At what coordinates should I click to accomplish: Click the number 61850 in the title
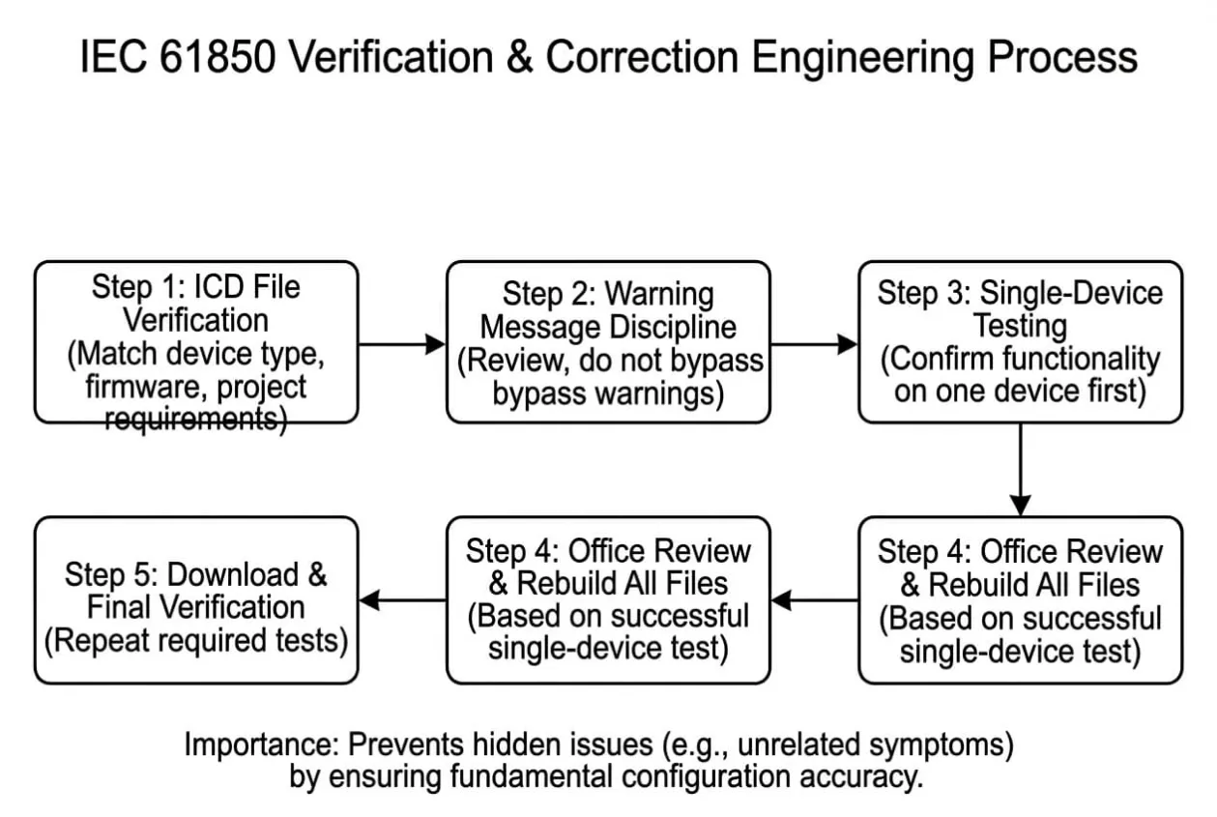point(217,56)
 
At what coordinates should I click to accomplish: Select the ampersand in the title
point(519,56)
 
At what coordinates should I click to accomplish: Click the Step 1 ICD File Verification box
point(196,342)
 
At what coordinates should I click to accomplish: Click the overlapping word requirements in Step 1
point(191,419)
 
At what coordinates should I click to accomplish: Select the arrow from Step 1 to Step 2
point(401,343)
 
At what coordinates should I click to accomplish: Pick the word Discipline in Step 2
point(673,328)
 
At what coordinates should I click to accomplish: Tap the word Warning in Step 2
point(659,294)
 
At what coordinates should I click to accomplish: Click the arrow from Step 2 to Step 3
point(814,343)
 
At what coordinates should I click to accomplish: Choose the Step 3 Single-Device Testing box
point(1021,342)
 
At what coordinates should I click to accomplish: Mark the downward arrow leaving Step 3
point(1021,470)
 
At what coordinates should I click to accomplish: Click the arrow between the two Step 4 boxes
point(815,600)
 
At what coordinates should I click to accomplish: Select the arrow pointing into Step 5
point(402,600)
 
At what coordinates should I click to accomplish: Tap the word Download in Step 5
point(233,574)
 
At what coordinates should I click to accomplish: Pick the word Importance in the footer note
point(262,744)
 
